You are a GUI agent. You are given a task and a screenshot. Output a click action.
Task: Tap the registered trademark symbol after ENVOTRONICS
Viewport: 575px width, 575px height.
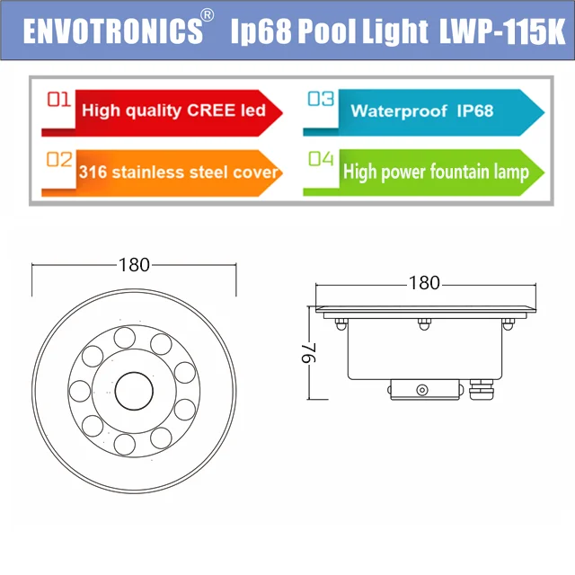pos(208,16)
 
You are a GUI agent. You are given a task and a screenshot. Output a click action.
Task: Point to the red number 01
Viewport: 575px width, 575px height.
pos(59,101)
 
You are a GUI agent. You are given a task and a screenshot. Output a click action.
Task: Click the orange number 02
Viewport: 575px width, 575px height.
pos(59,161)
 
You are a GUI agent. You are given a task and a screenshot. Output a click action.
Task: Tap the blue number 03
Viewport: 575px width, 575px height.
pos(321,100)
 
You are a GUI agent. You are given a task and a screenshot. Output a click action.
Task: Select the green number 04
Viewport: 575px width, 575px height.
pos(321,160)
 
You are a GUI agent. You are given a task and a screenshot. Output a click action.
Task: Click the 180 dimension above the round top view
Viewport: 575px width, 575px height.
pos(134,264)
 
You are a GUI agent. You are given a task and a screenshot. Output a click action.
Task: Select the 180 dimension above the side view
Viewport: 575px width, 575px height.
pos(424,283)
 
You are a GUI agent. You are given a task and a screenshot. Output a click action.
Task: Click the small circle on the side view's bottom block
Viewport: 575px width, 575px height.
pos(421,389)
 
